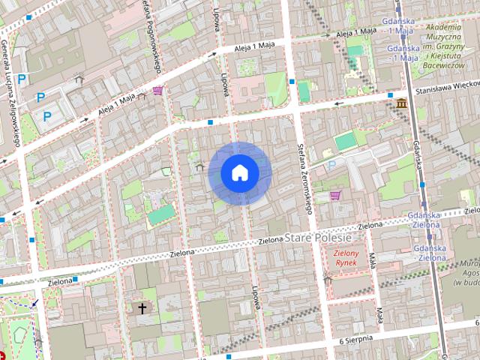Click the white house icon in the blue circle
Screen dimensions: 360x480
pyautogui.click(x=239, y=173)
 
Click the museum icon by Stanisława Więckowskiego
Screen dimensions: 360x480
pyautogui.click(x=403, y=103)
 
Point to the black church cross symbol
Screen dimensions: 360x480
pyautogui.click(x=142, y=308)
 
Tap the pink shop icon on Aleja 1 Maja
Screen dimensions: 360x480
pyautogui.click(x=157, y=91)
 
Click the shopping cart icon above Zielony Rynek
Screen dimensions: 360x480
pyautogui.click(x=335, y=196)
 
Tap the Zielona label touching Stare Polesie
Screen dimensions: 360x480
pyautogui.click(x=271, y=241)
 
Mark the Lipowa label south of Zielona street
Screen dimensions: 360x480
pyautogui.click(x=256, y=297)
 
